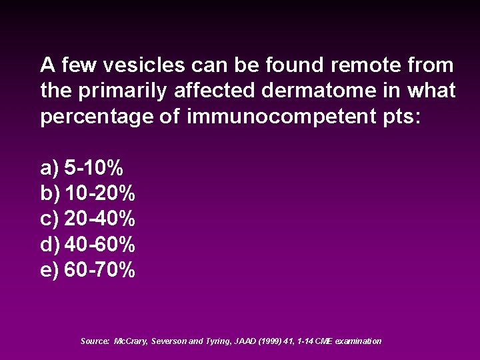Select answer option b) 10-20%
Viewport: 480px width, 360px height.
87,193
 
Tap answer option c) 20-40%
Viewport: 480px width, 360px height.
87,219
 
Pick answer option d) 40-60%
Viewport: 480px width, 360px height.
87,245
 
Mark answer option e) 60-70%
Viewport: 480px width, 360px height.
87,270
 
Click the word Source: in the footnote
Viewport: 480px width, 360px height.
94,341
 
